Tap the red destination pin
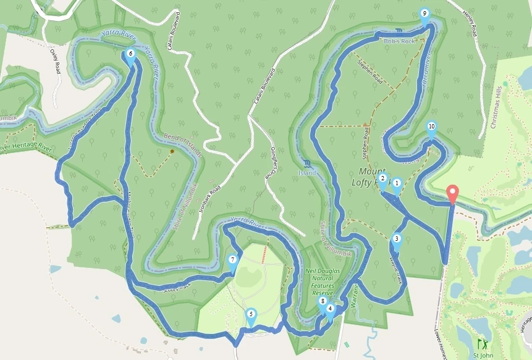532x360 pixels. tap(452, 193)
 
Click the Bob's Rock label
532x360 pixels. tap(398, 41)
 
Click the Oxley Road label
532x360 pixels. tap(54, 59)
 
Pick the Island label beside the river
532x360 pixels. tap(322, 173)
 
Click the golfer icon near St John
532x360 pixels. tap(481, 341)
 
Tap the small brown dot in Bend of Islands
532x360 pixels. tap(172, 151)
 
